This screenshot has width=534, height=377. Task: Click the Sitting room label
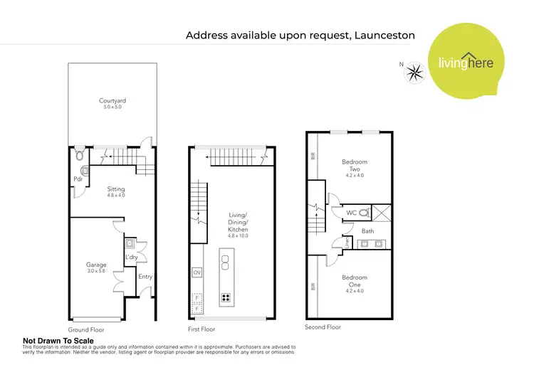click(x=116, y=191)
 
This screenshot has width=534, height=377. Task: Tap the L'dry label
click(x=132, y=256)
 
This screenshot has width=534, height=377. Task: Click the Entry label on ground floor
click(x=145, y=276)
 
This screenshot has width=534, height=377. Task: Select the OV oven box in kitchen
click(x=197, y=272)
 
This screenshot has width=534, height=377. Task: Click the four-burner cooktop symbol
click(x=227, y=298)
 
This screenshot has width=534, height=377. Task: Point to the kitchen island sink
click(x=226, y=263)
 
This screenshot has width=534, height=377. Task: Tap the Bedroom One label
click(x=354, y=281)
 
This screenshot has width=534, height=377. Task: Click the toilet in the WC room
click(x=364, y=212)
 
